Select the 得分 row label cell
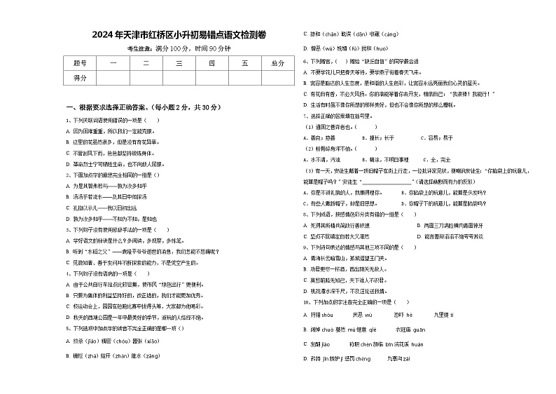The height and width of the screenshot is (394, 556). [x=80, y=78]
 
